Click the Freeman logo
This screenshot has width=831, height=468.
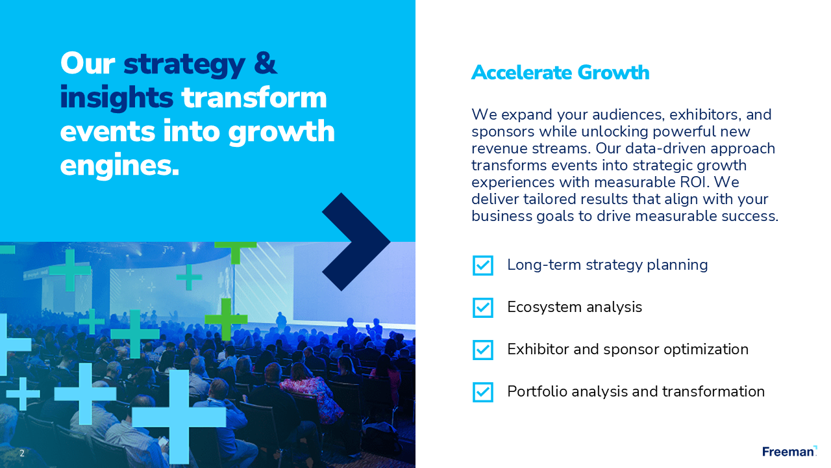point(789,451)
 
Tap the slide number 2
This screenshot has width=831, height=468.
point(22,453)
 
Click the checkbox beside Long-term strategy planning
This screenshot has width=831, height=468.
point(482,265)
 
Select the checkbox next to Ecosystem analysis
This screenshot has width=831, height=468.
point(482,307)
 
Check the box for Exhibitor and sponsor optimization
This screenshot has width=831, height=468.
point(482,350)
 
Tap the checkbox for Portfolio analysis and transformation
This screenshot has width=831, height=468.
point(482,392)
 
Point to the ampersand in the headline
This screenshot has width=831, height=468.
point(266,63)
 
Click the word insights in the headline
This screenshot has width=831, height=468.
point(116,98)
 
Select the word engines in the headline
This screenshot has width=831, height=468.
point(119,166)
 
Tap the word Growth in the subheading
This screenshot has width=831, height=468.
point(614,72)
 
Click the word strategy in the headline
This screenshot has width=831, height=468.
point(184,65)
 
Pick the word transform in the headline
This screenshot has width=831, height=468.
point(254,97)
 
